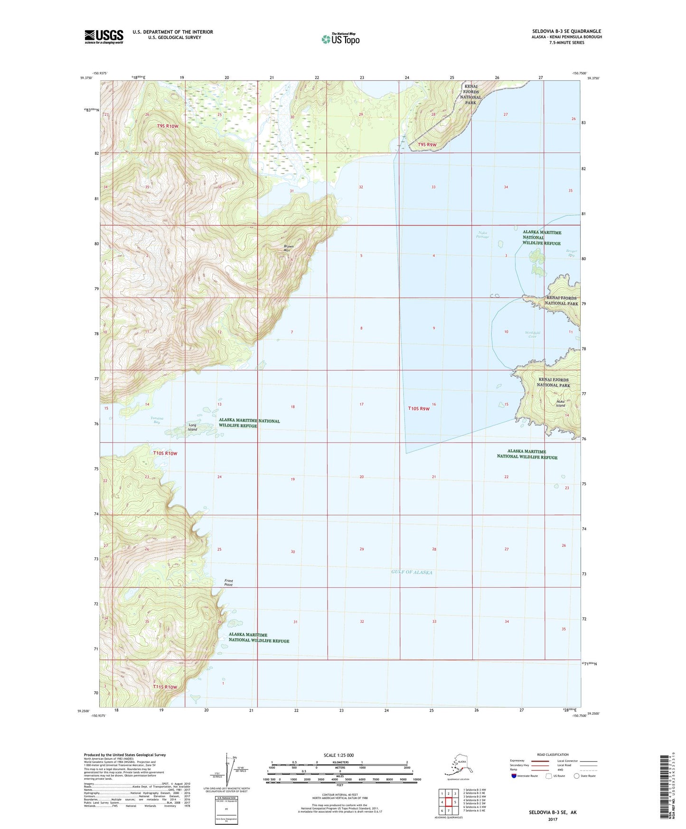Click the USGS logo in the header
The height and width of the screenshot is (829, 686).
[103, 37]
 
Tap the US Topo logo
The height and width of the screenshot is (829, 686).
[340, 39]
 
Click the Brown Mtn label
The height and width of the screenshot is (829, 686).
[289, 248]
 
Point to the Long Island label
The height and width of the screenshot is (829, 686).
[192, 427]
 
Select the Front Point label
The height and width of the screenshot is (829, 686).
[228, 583]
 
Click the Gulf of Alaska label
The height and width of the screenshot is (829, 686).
[412, 572]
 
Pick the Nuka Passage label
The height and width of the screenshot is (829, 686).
[483, 234]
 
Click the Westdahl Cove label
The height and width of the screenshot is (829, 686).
[532, 334]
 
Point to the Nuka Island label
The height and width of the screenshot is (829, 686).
[561, 404]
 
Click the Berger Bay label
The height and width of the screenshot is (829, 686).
[570, 253]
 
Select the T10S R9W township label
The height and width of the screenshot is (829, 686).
[419, 408]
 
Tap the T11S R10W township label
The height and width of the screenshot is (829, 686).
[165, 687]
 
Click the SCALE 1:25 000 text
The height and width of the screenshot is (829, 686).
[339, 755]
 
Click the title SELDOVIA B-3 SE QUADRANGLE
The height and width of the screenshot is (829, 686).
[566, 31]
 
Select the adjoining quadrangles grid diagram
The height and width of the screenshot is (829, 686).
[448, 801]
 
